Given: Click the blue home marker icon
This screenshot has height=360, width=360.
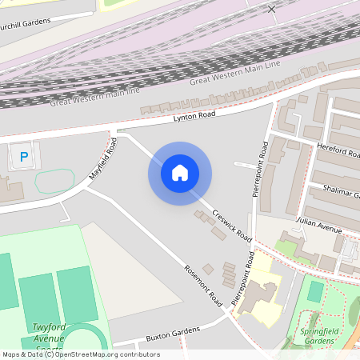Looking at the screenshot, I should (180, 173).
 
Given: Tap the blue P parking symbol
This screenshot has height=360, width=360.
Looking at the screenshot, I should (24, 157).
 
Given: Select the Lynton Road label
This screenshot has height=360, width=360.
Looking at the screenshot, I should (195, 117).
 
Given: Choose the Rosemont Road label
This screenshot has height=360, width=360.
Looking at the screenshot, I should (202, 285).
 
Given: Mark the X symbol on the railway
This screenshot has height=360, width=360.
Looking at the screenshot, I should (272, 9).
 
